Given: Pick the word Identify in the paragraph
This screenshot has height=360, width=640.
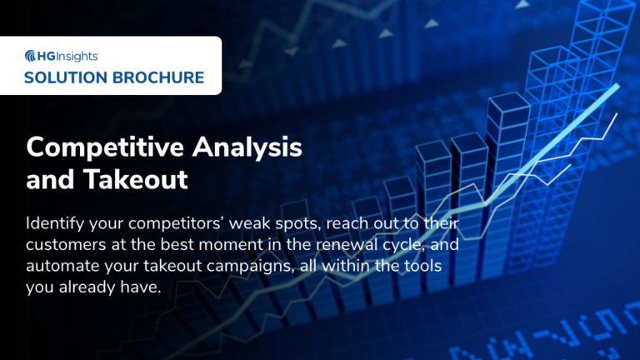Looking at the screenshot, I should tap(55, 224).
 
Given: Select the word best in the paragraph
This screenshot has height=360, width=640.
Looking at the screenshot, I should tap(179, 247).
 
